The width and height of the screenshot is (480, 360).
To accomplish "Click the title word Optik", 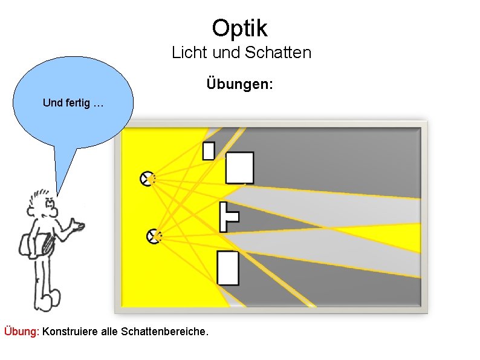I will click(x=239, y=28).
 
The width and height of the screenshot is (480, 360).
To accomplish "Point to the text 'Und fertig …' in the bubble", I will click(x=73, y=103).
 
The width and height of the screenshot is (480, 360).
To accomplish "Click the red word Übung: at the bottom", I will click(x=22, y=332).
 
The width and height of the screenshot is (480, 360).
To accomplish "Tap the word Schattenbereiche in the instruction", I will click(x=164, y=332).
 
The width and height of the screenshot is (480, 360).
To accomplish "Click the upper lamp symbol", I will click(x=146, y=178).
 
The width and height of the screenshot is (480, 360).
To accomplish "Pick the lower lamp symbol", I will click(x=153, y=236).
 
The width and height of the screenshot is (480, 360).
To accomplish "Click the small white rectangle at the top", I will click(x=209, y=150).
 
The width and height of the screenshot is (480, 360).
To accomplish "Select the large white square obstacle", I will click(x=239, y=168).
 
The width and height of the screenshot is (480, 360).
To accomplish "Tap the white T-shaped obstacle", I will click(x=227, y=217).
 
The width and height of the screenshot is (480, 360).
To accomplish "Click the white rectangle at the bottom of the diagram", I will click(x=228, y=267).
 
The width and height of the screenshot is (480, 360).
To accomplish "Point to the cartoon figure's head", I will click(x=44, y=206).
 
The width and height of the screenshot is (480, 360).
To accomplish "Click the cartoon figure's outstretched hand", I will click(x=77, y=226).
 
